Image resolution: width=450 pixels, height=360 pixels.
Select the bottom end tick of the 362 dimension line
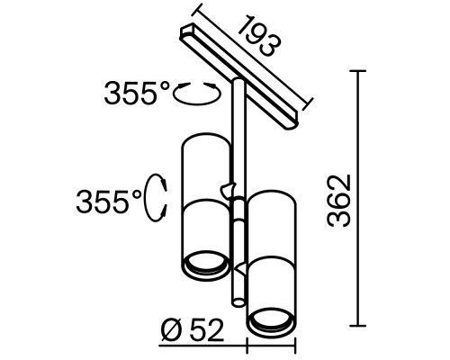(x=361, y=325)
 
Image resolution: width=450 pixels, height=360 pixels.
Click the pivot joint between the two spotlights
(x=231, y=191)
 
